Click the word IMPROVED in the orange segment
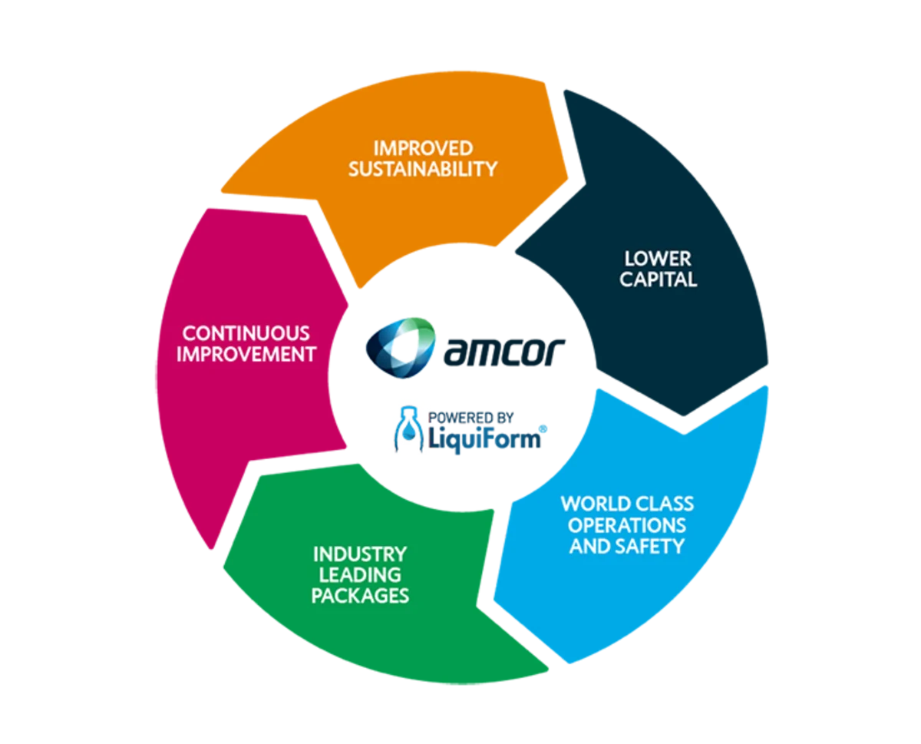point(423,148)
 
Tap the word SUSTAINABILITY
point(423,169)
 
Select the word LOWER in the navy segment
point(657,259)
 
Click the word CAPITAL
point(658,279)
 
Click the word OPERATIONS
point(626,525)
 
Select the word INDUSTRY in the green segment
point(360,554)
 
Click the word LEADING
point(360,575)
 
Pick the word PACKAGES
point(360,596)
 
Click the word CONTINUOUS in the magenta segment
point(246,333)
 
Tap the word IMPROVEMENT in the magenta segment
point(246,354)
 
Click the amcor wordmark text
point(504,351)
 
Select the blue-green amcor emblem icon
point(401,347)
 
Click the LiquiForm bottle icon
point(408,429)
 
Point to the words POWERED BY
point(471,418)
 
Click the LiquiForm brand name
point(484,438)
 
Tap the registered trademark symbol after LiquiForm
point(543,429)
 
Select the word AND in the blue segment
point(589,546)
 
